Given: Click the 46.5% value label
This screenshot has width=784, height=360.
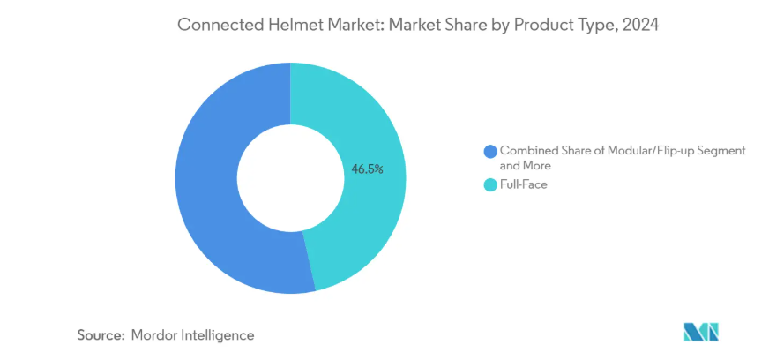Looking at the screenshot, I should tap(367, 169).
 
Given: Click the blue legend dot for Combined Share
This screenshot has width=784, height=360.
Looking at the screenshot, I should tap(489, 151).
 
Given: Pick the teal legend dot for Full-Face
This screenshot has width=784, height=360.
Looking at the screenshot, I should tap(489, 184).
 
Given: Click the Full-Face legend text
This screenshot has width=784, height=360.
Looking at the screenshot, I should tap(524, 184).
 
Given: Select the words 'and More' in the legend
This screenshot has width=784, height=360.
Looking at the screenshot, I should tap(526, 165).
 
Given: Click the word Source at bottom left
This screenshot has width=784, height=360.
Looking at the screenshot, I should tap(99, 335).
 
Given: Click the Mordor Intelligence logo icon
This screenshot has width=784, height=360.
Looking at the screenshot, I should tap(701, 333).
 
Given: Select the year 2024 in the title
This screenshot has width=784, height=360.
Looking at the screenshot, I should tap(640, 25).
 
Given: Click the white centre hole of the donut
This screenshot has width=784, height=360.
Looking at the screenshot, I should tap(290, 177).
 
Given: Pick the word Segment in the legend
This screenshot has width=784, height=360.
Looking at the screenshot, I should tap(719, 151).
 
